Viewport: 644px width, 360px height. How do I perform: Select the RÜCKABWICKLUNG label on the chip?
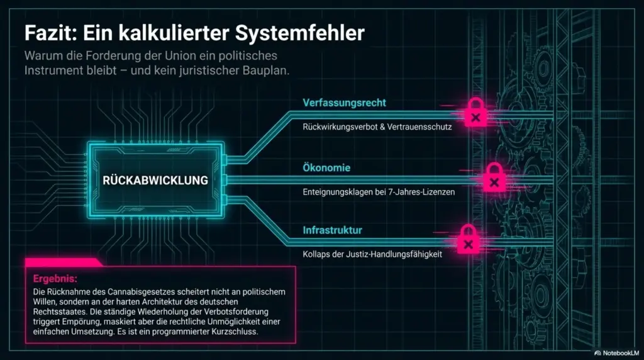click(x=155, y=180)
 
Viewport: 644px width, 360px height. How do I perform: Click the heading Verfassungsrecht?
click(x=344, y=103)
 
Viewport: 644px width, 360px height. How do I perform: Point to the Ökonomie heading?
click(x=326, y=167)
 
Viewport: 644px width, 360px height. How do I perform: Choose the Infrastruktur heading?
click(x=332, y=230)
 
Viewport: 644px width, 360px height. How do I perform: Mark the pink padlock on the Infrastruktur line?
click(x=468, y=239)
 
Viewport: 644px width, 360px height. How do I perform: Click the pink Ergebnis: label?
click(x=55, y=279)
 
